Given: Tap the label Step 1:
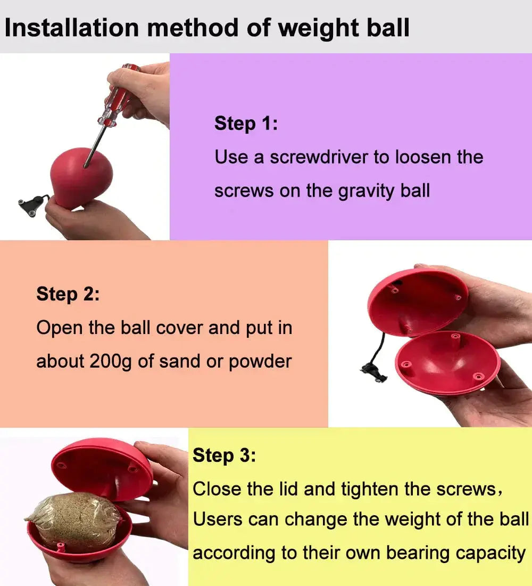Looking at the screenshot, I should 246,124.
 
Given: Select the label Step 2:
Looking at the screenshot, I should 68,294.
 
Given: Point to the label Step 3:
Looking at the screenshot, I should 224,455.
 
